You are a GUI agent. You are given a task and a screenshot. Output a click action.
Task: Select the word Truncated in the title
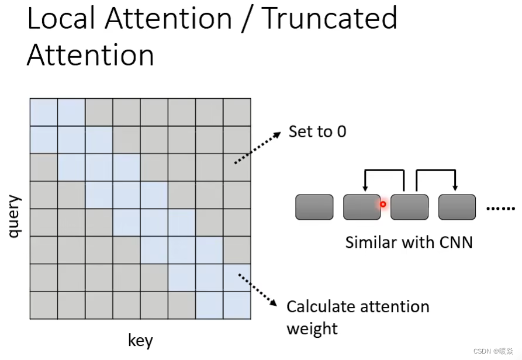click(x=330, y=19)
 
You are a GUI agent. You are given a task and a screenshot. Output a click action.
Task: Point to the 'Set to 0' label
click(x=317, y=131)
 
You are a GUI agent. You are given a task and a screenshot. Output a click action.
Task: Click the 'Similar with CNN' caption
click(x=409, y=241)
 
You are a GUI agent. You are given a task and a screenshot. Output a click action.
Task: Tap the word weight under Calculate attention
click(x=312, y=328)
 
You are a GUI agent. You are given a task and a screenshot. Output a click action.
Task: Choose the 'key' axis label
click(x=140, y=340)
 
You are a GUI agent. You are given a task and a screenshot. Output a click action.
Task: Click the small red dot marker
click(x=383, y=205)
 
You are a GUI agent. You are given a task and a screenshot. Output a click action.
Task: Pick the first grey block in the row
click(x=314, y=207)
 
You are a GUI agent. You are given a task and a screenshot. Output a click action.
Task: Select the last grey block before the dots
click(x=457, y=207)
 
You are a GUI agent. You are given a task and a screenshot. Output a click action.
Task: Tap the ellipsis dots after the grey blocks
click(x=501, y=208)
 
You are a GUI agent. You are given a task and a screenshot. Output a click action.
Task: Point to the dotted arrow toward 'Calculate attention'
click(x=258, y=288)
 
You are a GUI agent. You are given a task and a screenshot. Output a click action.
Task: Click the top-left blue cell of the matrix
click(x=44, y=112)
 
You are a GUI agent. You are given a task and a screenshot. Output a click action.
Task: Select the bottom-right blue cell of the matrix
click(x=237, y=305)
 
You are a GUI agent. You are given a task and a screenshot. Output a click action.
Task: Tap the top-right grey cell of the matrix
click(x=237, y=112)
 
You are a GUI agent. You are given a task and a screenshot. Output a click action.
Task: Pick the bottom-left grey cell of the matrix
click(x=44, y=305)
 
